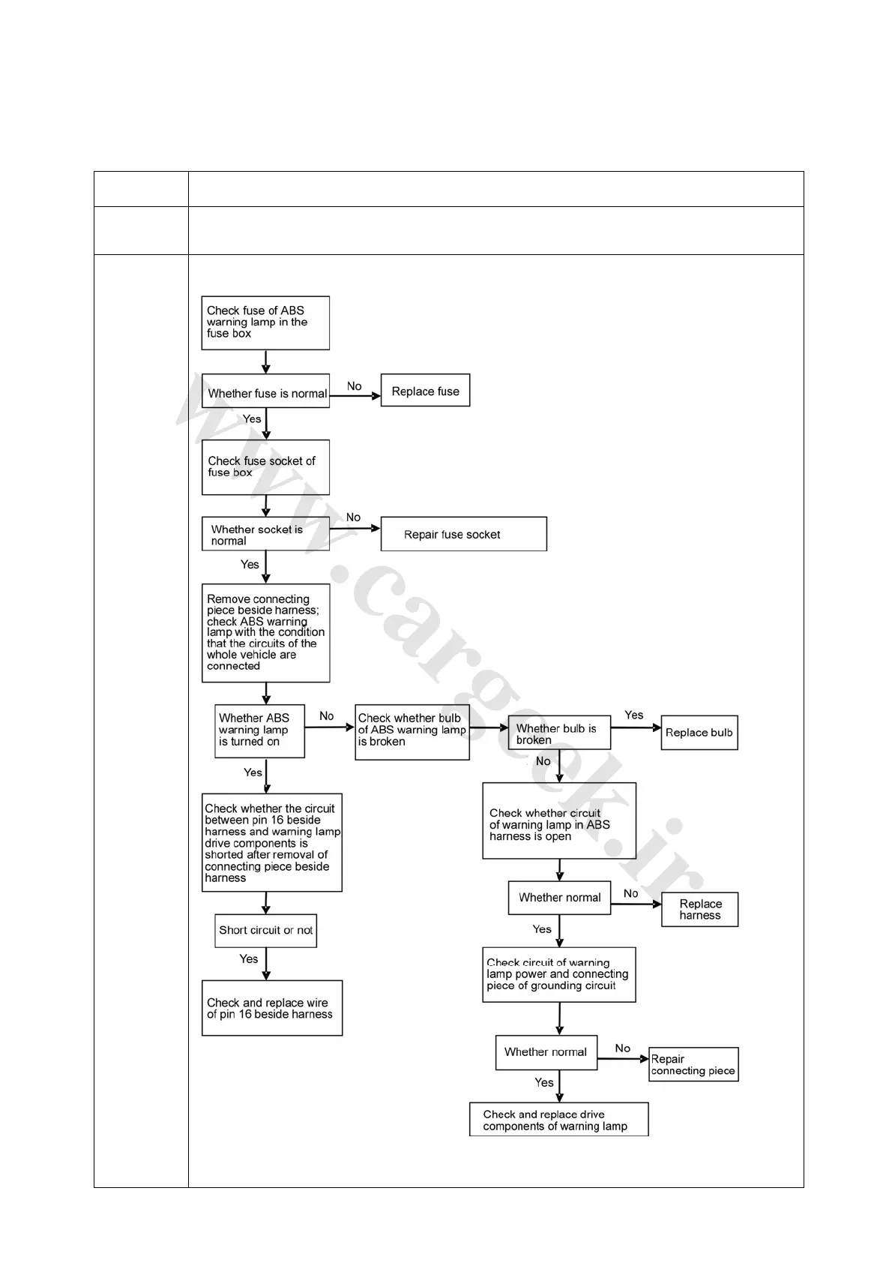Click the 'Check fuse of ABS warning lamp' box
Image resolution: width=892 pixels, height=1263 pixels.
[x=265, y=322]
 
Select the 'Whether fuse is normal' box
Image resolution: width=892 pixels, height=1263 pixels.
[x=265, y=391]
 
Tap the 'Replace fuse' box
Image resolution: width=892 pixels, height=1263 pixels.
[x=425, y=391]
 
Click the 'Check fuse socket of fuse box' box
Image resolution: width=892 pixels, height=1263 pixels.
[x=265, y=466]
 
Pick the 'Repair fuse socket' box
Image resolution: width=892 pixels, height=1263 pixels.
[x=463, y=534]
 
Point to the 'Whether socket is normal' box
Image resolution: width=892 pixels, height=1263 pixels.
[x=265, y=534]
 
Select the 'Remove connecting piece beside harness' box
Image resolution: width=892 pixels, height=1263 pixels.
[x=265, y=633]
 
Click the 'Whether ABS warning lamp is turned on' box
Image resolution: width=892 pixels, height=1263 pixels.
[x=259, y=730]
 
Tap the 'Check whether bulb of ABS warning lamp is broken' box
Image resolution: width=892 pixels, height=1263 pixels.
[x=412, y=731]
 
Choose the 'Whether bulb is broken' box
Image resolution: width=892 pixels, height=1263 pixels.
[x=558, y=733]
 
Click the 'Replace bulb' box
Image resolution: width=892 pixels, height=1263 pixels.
[x=699, y=733]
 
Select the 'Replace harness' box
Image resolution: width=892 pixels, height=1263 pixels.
[x=699, y=909]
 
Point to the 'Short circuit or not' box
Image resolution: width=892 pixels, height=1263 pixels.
[x=265, y=931]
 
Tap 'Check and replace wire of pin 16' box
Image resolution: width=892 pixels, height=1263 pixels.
[x=271, y=1008]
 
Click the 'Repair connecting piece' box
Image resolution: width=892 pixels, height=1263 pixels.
[x=693, y=1064]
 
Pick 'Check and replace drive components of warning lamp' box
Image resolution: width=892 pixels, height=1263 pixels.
[x=558, y=1119]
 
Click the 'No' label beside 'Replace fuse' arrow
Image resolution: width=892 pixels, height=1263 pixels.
[x=354, y=386]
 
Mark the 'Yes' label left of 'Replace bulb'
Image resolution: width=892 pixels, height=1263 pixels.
[x=633, y=715]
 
